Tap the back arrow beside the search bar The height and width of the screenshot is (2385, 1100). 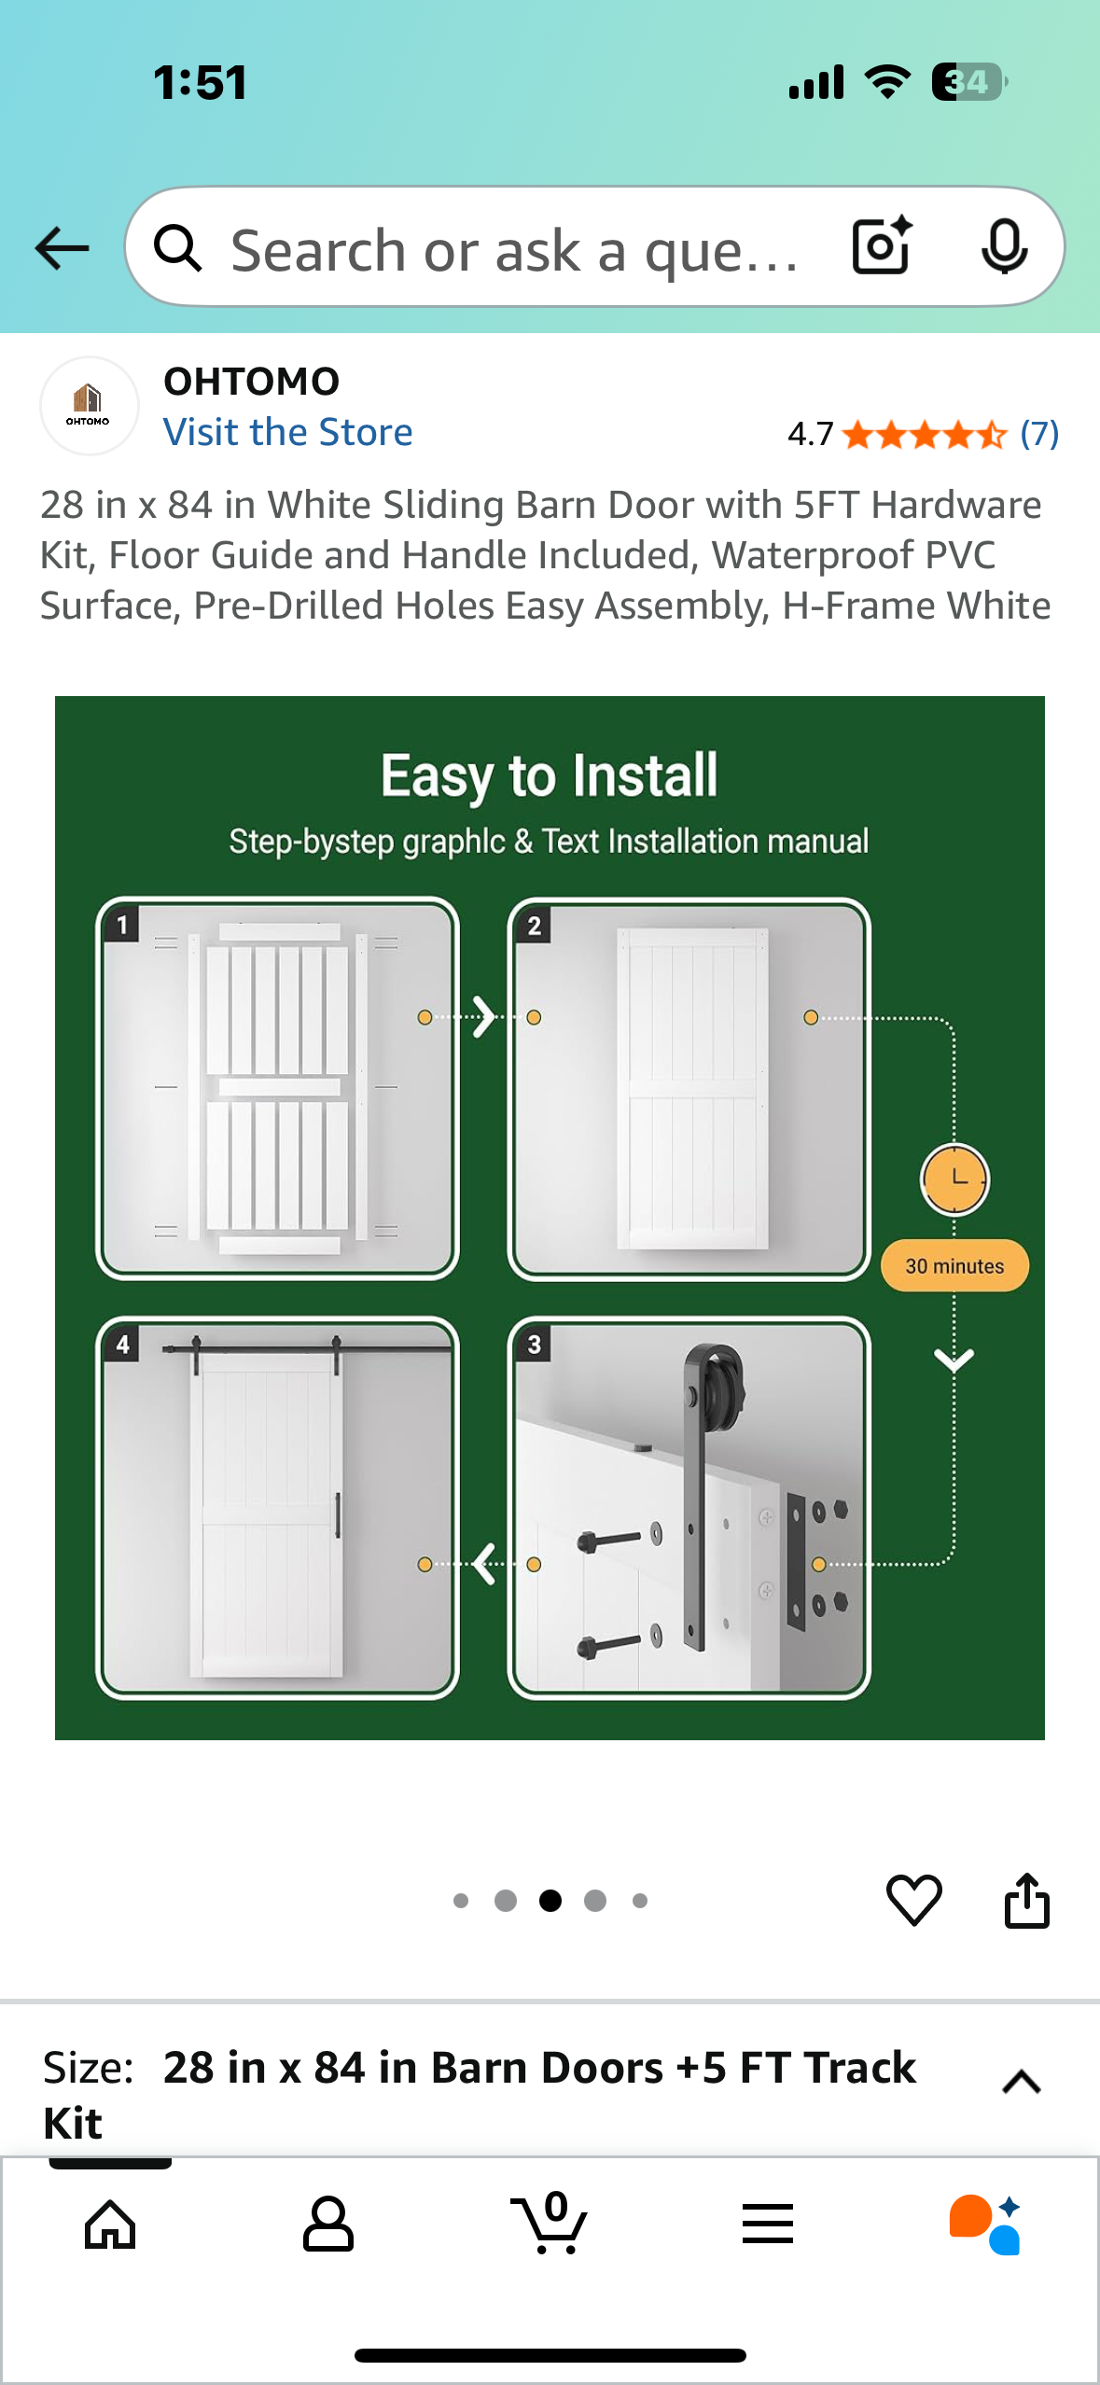(x=62, y=248)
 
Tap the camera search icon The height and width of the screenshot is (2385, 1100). (x=882, y=245)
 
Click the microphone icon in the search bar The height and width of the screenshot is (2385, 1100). (x=1004, y=247)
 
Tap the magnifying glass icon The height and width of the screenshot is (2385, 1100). (x=177, y=248)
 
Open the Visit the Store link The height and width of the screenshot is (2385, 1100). (x=287, y=432)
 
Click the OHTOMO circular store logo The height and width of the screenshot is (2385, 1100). (x=89, y=406)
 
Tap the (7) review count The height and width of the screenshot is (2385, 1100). (x=1039, y=434)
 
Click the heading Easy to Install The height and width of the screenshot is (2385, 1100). (x=549, y=775)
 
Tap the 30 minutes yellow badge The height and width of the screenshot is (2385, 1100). (x=954, y=1266)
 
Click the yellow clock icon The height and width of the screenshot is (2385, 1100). (x=954, y=1179)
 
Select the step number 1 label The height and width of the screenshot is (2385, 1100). (x=122, y=926)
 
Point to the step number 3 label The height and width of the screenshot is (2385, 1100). (x=534, y=1345)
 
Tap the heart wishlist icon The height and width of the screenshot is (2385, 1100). (x=913, y=1900)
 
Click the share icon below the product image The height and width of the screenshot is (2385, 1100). (x=1026, y=1900)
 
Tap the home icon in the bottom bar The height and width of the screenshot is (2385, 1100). (x=110, y=2225)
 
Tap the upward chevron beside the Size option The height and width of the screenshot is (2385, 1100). (x=1021, y=2082)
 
